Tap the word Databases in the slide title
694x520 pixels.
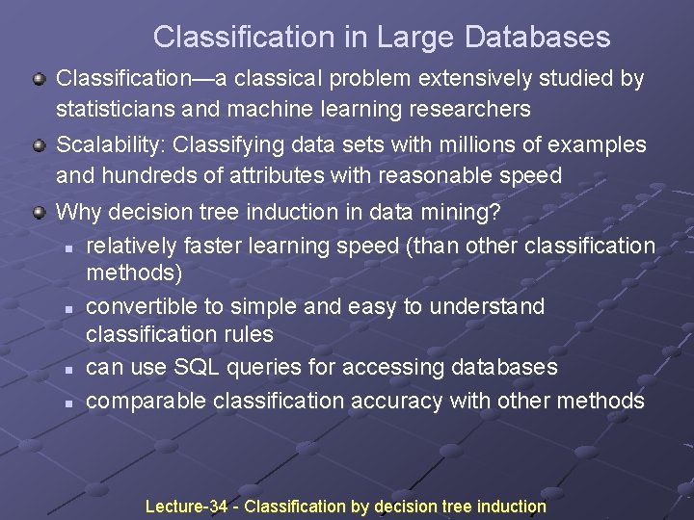pos(537,38)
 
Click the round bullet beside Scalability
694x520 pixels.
pos(39,145)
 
